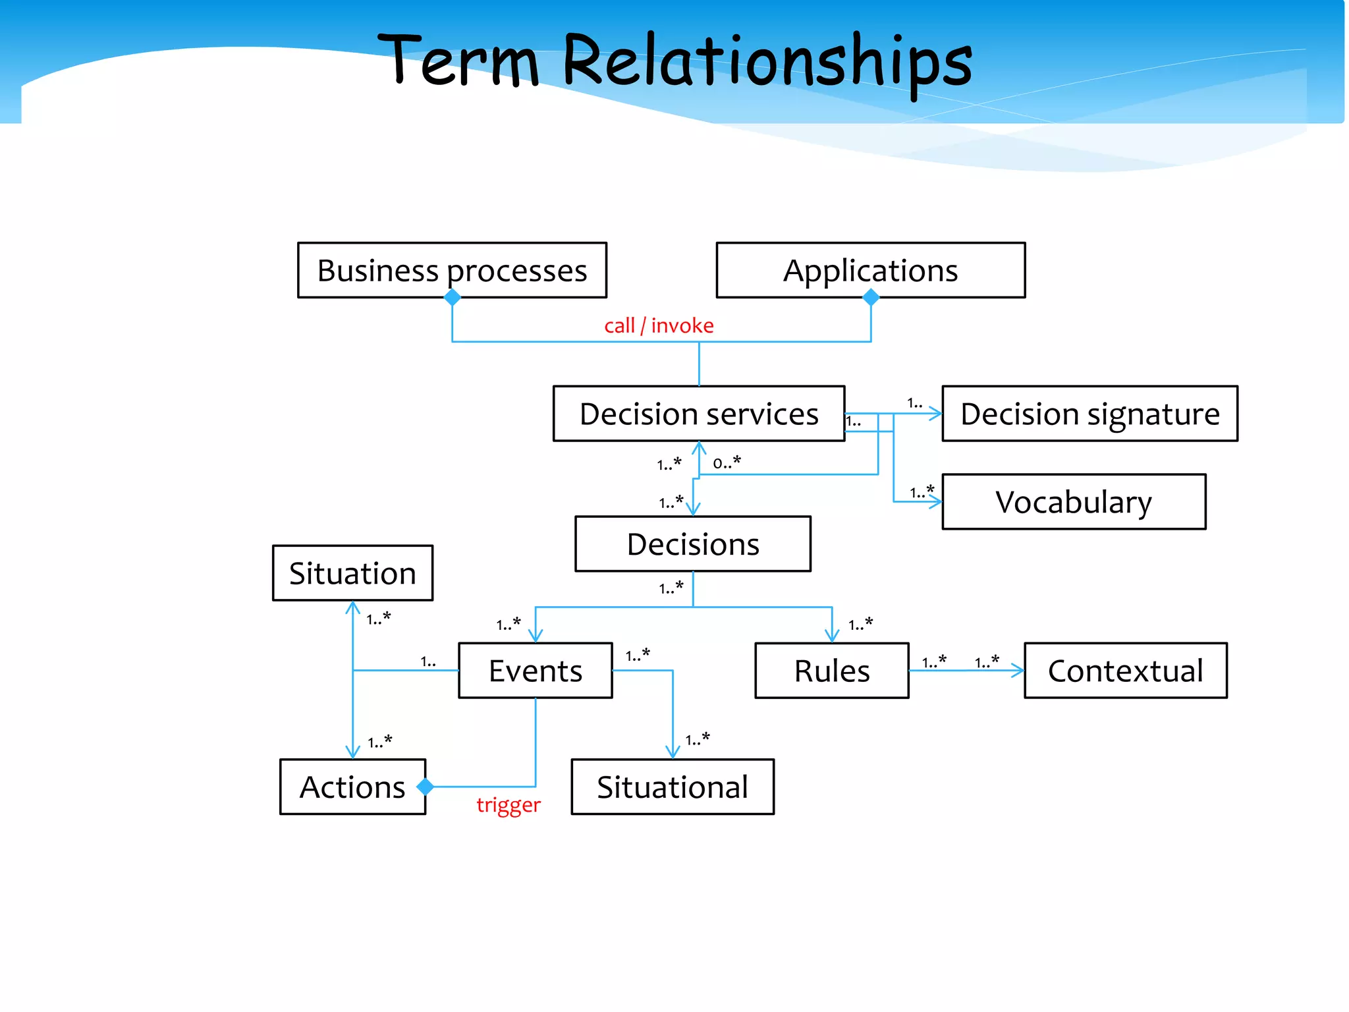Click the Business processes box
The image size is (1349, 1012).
click(x=452, y=270)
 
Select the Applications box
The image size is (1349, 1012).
click(x=870, y=270)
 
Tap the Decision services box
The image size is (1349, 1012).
click(x=698, y=414)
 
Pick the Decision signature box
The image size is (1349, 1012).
click(x=1089, y=414)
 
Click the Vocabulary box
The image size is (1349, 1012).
click(x=1074, y=502)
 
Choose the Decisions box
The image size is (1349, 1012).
click(x=692, y=544)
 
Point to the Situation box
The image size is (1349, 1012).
click(x=352, y=573)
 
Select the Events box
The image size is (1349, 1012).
click(x=535, y=671)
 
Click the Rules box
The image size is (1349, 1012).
click(x=831, y=671)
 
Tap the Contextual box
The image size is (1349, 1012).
click(x=1125, y=671)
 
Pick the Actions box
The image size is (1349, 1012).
click(x=352, y=787)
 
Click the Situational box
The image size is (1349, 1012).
click(x=672, y=787)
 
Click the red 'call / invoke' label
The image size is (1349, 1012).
click(x=659, y=325)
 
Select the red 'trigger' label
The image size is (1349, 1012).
click(x=509, y=804)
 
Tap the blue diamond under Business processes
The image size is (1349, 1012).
click(x=453, y=298)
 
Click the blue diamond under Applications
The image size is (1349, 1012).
click(x=871, y=298)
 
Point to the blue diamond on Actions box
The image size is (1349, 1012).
click(x=426, y=787)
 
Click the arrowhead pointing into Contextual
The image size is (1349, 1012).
click(x=1018, y=671)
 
